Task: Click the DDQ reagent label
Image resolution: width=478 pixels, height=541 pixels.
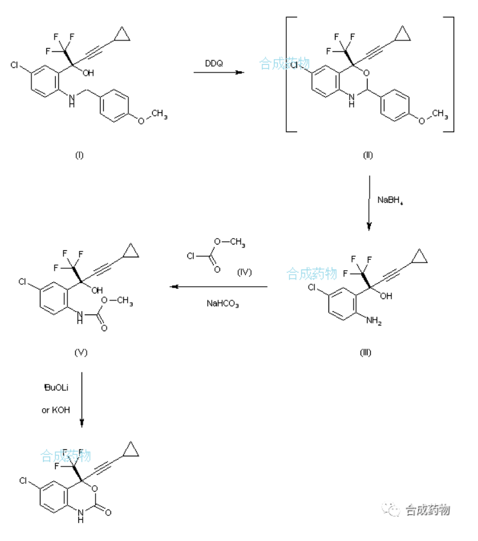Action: (214, 63)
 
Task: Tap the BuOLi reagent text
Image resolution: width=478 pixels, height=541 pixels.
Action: (55, 388)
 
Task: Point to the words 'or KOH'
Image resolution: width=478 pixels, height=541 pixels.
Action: (56, 410)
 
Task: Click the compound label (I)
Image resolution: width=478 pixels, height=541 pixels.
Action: (80, 155)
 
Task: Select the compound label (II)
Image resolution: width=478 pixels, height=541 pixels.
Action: (368, 155)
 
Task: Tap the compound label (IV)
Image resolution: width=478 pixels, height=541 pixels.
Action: (244, 272)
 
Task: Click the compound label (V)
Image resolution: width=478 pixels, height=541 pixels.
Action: (81, 352)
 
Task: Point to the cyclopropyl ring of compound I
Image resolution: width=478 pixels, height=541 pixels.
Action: (121, 36)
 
